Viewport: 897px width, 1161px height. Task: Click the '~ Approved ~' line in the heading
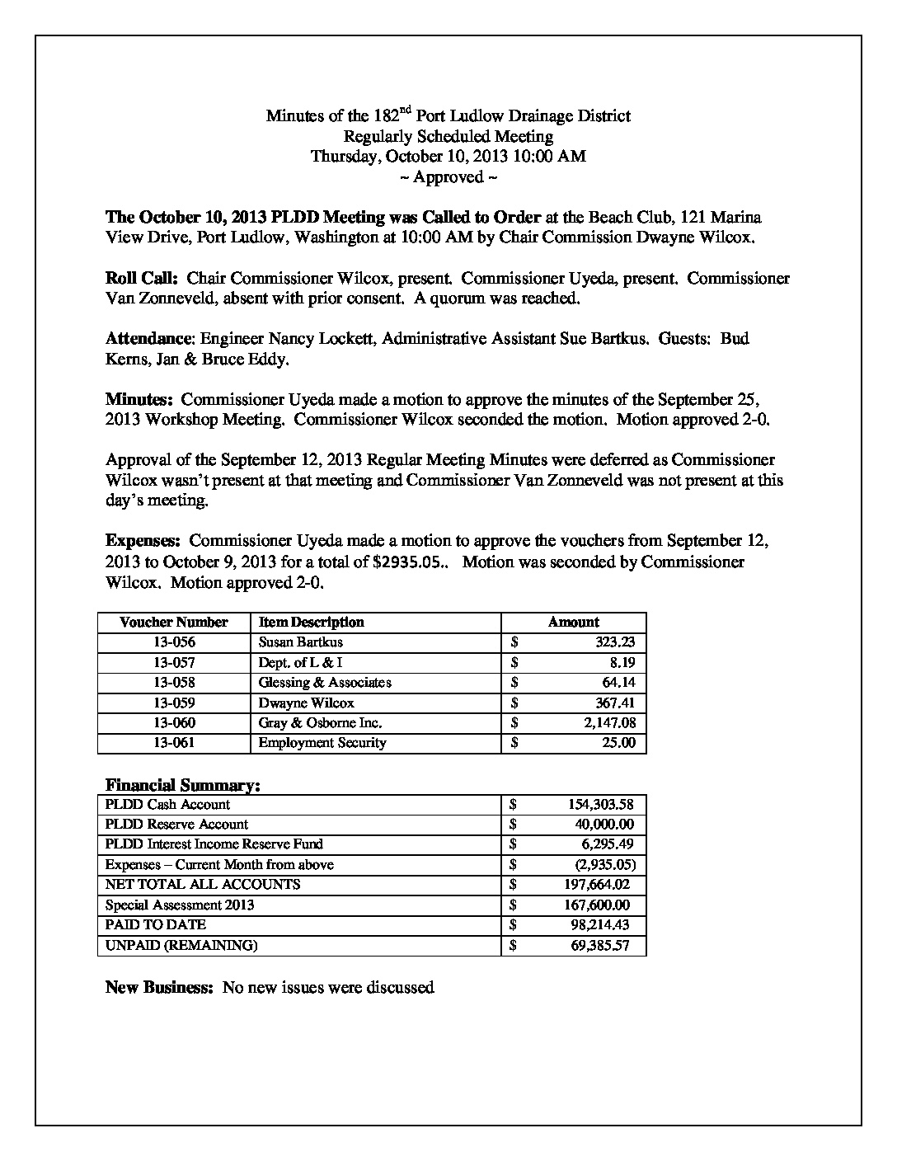pos(448,177)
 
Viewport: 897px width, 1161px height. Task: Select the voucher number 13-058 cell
pos(173,683)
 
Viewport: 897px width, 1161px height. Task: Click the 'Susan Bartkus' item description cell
pos(300,642)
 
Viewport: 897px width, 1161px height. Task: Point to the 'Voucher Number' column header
pos(173,623)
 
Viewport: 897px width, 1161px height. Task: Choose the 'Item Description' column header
pos(311,623)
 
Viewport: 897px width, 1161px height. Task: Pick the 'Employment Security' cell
pos(322,743)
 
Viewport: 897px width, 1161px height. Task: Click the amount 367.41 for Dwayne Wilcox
pos(611,703)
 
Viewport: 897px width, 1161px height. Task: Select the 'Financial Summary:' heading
pos(183,785)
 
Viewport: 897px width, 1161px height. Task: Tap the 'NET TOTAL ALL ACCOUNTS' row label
pos(203,885)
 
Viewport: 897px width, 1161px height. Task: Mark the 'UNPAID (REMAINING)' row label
pos(181,946)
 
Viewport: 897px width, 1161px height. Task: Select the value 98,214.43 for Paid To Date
pos(600,925)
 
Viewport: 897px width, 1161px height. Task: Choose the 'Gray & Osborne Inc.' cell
pos(320,723)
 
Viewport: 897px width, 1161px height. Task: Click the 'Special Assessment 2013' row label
pos(180,905)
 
